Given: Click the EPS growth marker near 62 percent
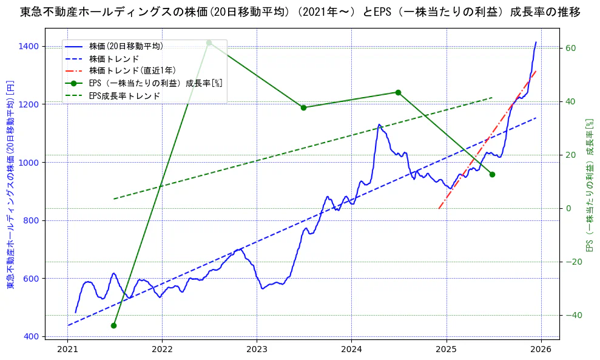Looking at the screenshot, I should pos(209,42).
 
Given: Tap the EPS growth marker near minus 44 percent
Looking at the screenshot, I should pos(113,325).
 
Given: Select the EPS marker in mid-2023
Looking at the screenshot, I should pos(303,107).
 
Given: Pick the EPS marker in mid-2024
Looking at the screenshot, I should pos(398,92).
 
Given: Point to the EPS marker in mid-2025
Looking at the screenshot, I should pos(492,174).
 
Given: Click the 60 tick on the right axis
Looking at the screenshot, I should pos(570,48).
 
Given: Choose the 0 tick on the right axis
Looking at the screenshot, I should pos(568,208).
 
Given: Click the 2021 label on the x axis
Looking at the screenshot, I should pos(68,349).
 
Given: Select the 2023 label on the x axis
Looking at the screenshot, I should pos(257,349).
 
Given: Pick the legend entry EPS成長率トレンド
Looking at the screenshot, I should pos(124,96).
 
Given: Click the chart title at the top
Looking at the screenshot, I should pos(300,12).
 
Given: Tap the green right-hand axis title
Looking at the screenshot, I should pos(588,185).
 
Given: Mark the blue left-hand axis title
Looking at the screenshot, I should pos(10,185).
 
